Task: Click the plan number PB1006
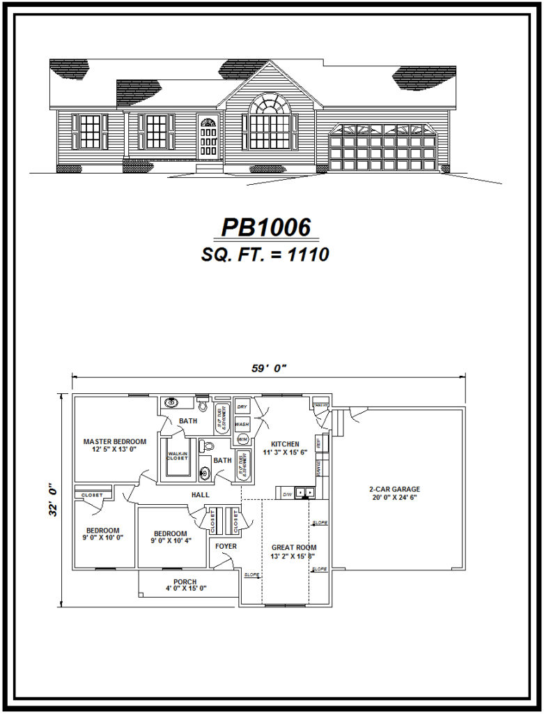pyautogui.click(x=265, y=228)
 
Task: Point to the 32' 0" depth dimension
pyautogui.click(x=54, y=500)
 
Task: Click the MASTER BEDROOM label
pyautogui.click(x=115, y=441)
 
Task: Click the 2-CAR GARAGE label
pyautogui.click(x=394, y=489)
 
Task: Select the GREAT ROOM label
pyautogui.click(x=294, y=547)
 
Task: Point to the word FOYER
pyautogui.click(x=226, y=546)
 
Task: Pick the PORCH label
pyautogui.click(x=185, y=582)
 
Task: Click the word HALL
pyautogui.click(x=201, y=495)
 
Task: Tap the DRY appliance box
pyautogui.click(x=242, y=407)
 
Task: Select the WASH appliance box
pyautogui.click(x=242, y=423)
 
